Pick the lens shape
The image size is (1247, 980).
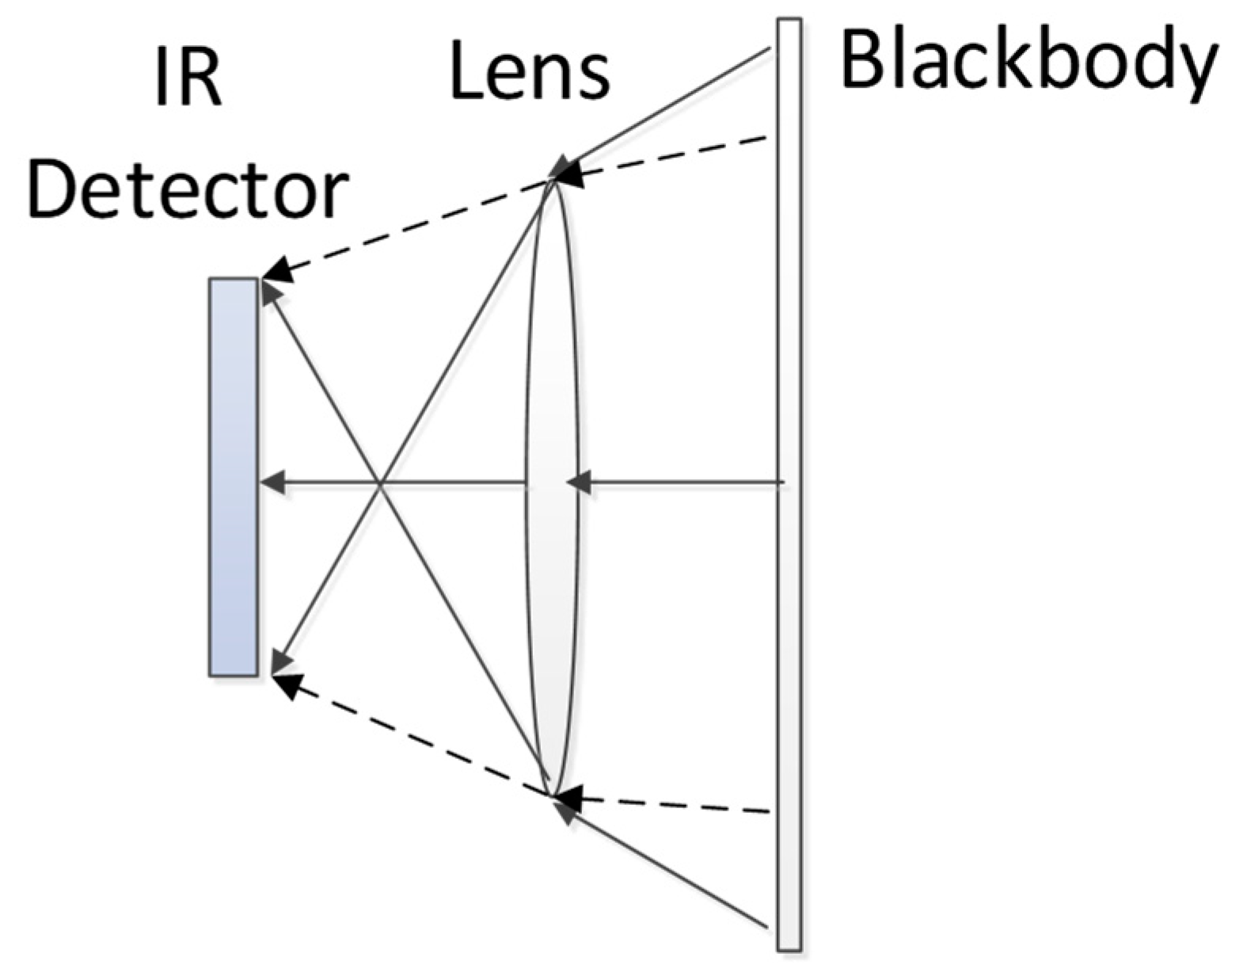tap(552, 396)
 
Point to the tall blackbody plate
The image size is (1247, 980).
tap(789, 634)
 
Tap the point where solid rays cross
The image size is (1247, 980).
tap(381, 482)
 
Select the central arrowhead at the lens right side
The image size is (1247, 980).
tap(579, 481)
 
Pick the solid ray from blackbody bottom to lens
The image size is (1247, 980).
tap(673, 871)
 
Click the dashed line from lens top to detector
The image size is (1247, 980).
tap(412, 226)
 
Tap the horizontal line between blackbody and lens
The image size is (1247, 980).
tap(681, 481)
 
